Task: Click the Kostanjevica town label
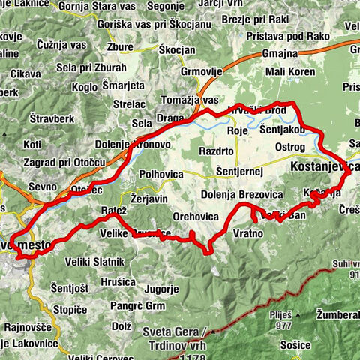323,166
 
